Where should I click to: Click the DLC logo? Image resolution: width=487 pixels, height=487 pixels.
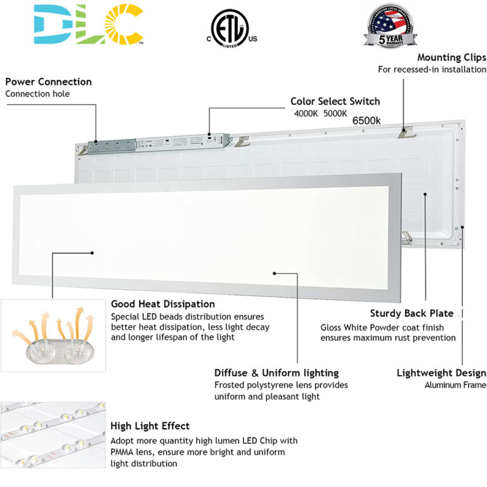point(88,24)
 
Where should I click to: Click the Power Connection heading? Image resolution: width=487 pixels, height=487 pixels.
point(48,82)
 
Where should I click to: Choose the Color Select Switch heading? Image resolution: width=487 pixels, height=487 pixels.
point(335,101)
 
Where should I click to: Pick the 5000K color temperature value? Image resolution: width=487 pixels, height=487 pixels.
point(335,114)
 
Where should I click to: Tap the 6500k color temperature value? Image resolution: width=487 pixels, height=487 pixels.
point(366,120)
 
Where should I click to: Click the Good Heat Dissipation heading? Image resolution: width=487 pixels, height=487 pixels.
point(163,304)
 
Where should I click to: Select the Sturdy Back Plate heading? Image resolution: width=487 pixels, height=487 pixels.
point(412,313)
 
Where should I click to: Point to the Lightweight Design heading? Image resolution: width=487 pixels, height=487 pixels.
point(441,373)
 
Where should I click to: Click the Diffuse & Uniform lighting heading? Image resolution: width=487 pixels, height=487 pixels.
point(276,373)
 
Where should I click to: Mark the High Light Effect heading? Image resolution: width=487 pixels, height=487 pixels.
point(150,426)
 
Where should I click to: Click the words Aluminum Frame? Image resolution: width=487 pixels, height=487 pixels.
point(455,385)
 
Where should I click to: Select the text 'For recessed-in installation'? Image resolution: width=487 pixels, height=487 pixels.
point(432,69)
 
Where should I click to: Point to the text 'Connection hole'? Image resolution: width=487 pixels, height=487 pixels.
point(37,94)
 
